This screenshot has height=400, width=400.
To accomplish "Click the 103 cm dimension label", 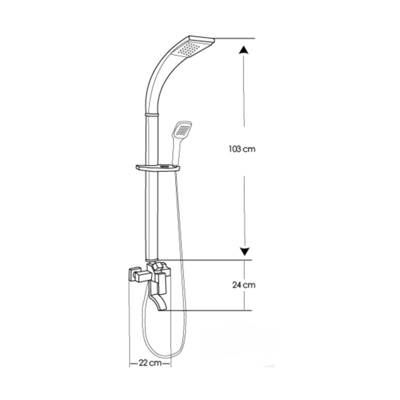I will [x=242, y=149].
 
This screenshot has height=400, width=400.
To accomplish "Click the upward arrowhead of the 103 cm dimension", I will [x=244, y=50].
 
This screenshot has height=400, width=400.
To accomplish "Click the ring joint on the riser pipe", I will [x=152, y=115].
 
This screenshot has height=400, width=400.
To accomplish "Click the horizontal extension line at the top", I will [x=235, y=39].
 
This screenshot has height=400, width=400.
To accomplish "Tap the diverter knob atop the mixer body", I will [x=157, y=267].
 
